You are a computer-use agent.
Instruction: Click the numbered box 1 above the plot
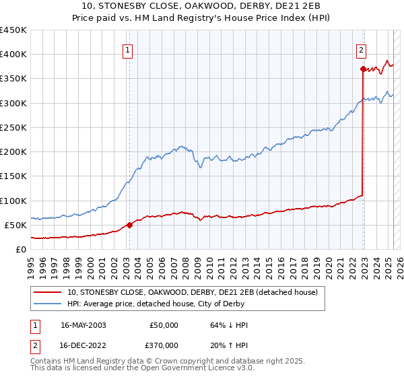coord(127,48)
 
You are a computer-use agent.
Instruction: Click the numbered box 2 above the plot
coord(361,48)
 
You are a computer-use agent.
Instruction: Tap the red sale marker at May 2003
coord(130,226)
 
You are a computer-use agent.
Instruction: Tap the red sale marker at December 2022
coord(363,69)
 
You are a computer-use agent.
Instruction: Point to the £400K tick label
coord(13,55)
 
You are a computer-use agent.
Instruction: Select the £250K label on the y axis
coord(13,127)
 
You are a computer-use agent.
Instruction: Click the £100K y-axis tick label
coord(13,201)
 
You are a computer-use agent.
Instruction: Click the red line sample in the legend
coord(49,292)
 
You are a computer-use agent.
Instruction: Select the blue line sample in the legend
coord(49,303)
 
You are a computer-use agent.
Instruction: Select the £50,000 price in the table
coord(163,325)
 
